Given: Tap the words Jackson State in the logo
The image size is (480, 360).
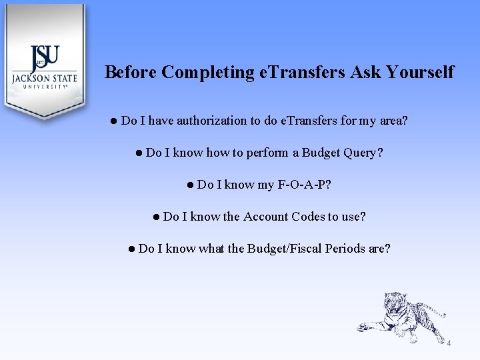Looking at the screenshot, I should coord(44,78).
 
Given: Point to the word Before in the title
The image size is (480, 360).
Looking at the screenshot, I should coord(131,72).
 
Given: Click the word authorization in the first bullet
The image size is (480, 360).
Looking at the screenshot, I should coord(211,121).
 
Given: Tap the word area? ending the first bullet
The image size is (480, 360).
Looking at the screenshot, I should coord(392,121).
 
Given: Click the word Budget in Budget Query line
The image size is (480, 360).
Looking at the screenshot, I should coord(321,153).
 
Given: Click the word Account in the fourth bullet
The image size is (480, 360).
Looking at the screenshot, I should coord(265,217).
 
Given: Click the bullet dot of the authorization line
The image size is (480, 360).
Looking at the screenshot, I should coord(115,121).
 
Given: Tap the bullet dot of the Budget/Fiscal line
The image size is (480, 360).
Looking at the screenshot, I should coord(132,249).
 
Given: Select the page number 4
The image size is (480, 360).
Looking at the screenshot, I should coord(449,343).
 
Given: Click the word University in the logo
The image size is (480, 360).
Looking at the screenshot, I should coord(44,87).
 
